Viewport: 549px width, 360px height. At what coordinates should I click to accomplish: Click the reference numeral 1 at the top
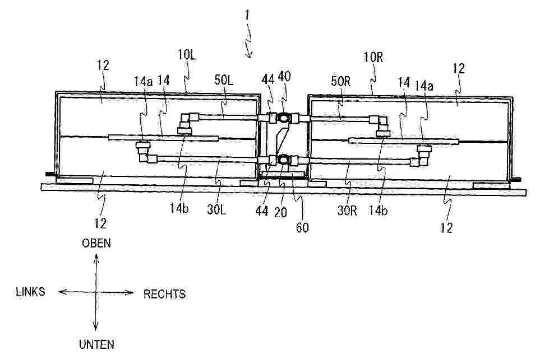pos(247,15)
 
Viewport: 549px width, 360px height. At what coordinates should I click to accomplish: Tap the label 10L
pos(187,54)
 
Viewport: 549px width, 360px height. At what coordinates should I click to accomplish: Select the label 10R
pos(373,57)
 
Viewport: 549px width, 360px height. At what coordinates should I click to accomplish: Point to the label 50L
pos(224,80)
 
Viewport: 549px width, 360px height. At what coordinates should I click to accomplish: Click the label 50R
pos(340,81)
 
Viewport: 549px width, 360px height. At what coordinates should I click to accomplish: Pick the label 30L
pos(216,209)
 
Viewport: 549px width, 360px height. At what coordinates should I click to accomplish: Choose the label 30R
pos(347,210)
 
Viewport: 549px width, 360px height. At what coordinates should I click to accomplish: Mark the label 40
pos(284,76)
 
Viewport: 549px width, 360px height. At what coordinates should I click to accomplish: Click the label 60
pos(302,227)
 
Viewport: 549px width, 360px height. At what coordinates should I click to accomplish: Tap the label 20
pos(280,212)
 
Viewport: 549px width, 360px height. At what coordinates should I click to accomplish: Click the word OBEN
pos(96,243)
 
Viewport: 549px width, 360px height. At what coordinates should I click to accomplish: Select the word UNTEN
pos(96,345)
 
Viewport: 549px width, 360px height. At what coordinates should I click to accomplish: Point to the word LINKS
pos(30,292)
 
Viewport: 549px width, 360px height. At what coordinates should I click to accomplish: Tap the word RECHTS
pos(164,294)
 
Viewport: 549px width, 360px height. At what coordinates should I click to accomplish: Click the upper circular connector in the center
pos(283,118)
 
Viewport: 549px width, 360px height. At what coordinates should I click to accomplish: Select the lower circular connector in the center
pos(283,160)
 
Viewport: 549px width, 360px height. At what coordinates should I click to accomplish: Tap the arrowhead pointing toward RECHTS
pos(130,293)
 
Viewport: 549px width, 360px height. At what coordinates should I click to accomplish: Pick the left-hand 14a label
pos(144,81)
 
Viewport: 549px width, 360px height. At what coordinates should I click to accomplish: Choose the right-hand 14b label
pos(378,210)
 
